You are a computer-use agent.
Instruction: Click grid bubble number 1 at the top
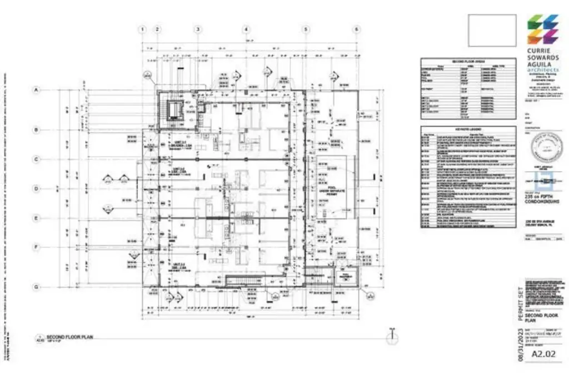(142, 29)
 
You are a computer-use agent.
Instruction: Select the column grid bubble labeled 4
(246, 29)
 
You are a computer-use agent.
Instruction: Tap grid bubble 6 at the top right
(356, 29)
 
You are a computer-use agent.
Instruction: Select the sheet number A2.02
(544, 354)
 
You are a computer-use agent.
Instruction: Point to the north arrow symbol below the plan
(392, 335)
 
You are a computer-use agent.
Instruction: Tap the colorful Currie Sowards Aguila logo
(542, 29)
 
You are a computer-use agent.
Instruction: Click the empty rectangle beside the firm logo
(492, 31)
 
